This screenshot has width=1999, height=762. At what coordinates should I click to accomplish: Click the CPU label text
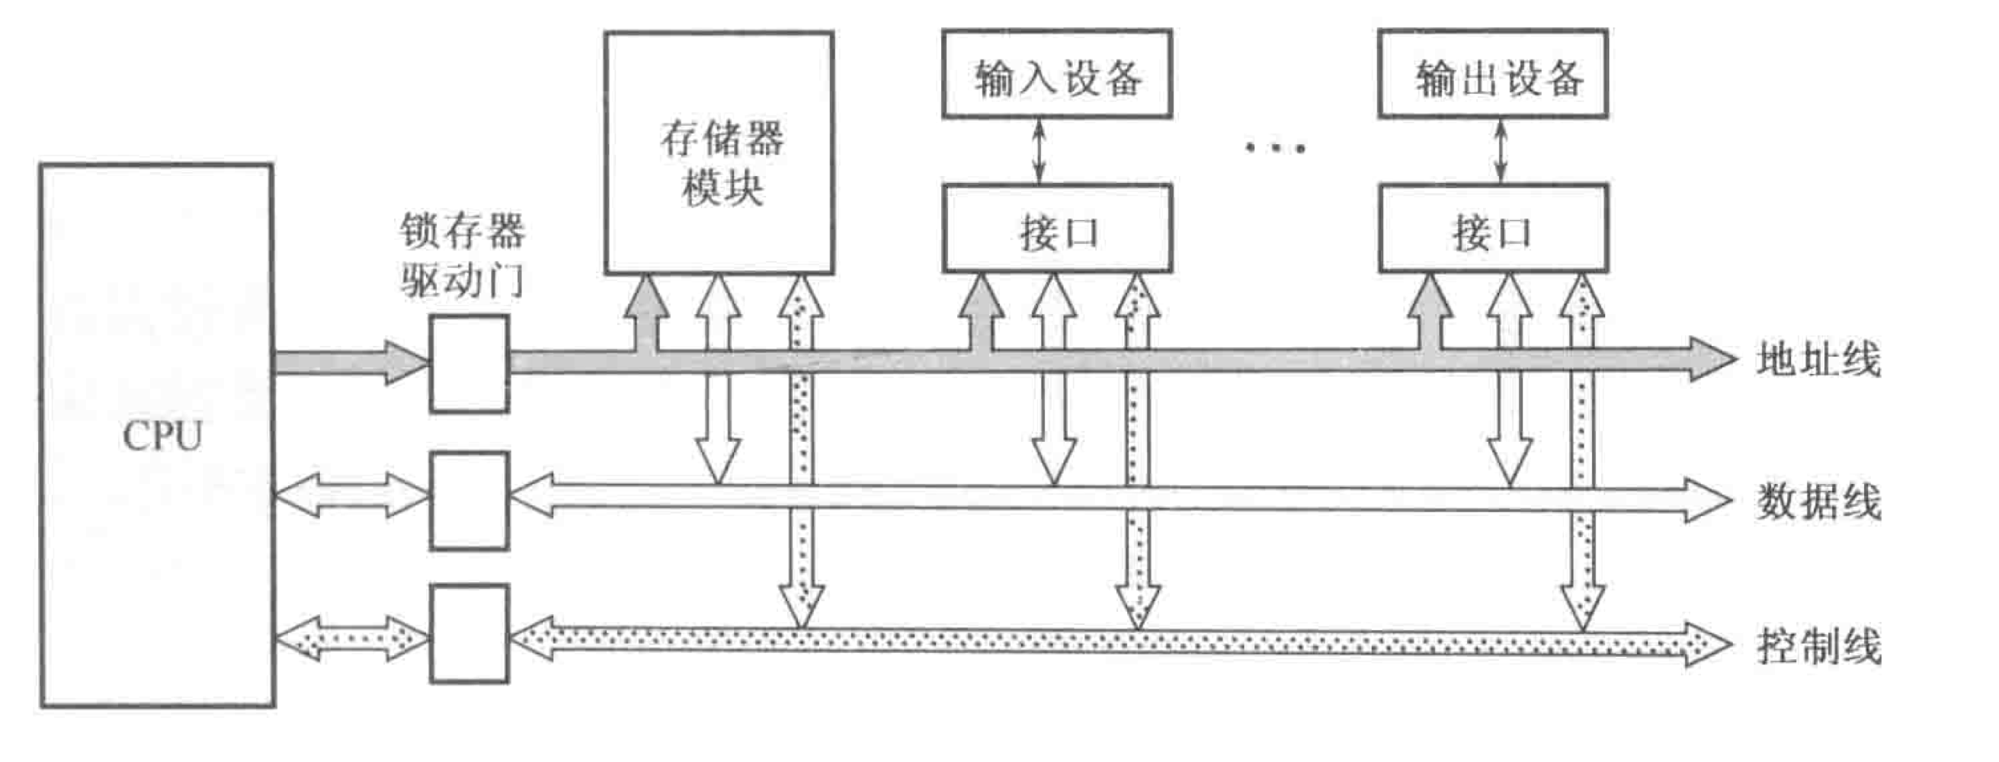pyautogui.click(x=162, y=435)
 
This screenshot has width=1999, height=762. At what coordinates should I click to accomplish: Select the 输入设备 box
pyautogui.click(x=1057, y=75)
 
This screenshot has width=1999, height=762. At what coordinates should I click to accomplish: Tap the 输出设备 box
pyautogui.click(x=1493, y=75)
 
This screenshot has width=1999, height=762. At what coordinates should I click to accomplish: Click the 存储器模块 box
pyautogui.click(x=719, y=154)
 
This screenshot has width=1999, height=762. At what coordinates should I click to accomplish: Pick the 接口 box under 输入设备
pyautogui.click(x=1057, y=229)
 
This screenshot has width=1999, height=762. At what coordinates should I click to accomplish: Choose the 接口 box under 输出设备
pyautogui.click(x=1493, y=229)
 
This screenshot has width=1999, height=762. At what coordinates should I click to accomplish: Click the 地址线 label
pyautogui.click(x=1818, y=360)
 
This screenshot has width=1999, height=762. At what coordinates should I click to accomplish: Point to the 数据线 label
pyautogui.click(x=1818, y=502)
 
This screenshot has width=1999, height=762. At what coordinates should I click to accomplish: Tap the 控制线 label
pyautogui.click(x=1818, y=645)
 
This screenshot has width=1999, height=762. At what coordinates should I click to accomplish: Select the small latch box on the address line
pyautogui.click(x=469, y=363)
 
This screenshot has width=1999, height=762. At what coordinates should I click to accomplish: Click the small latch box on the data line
pyautogui.click(x=469, y=501)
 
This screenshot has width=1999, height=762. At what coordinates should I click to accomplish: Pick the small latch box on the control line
pyautogui.click(x=469, y=634)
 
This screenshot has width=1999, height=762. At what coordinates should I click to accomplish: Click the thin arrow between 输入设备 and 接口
pyautogui.click(x=1040, y=151)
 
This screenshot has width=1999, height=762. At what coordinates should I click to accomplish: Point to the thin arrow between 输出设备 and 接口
pyautogui.click(x=1501, y=151)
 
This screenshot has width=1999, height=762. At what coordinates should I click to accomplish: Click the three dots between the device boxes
pyautogui.click(x=1276, y=146)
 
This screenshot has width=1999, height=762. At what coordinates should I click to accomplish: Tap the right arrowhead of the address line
pyautogui.click(x=1711, y=359)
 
